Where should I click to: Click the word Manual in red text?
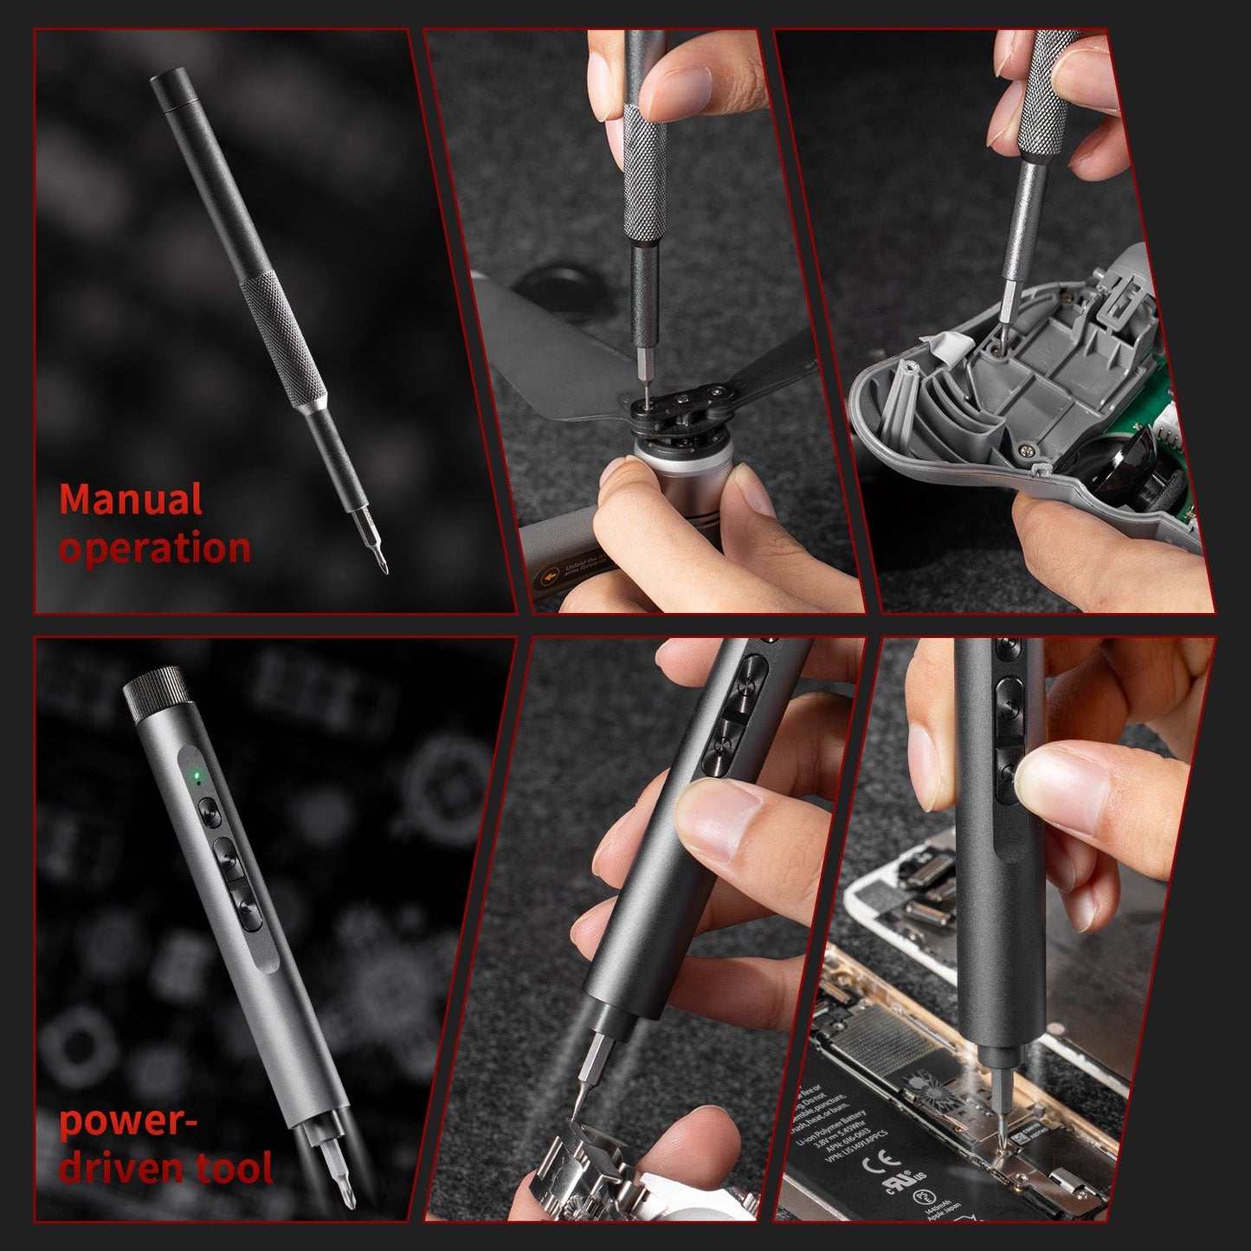click(131, 500)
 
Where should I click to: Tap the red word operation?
click(155, 549)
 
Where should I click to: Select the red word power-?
click(129, 1122)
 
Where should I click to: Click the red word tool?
click(235, 1168)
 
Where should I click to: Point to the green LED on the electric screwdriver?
click(197, 775)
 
